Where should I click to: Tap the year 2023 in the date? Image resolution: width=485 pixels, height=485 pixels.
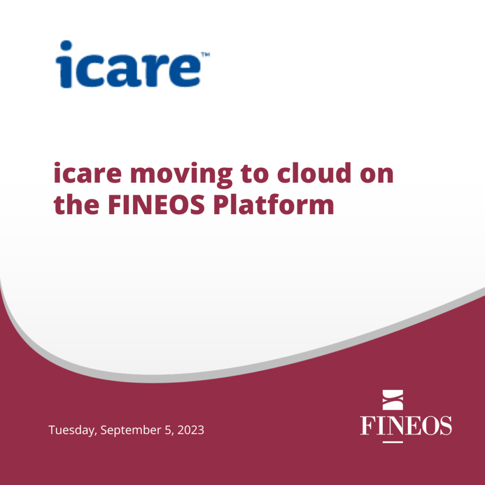(x=191, y=430)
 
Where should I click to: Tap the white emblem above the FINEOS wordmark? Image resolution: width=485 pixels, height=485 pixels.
(x=392, y=399)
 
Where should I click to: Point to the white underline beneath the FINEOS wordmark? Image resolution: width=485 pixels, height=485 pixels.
(x=393, y=441)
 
